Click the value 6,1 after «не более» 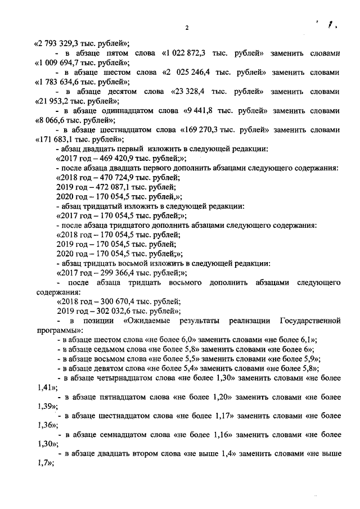point(307,340)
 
